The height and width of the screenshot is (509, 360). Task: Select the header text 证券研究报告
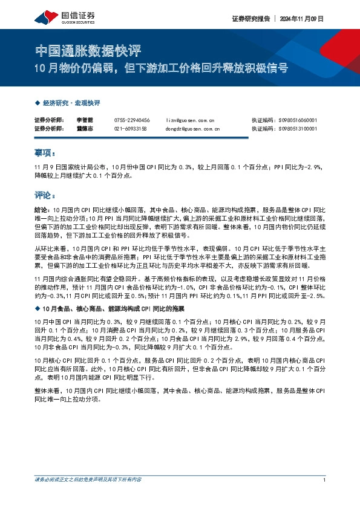click(x=250, y=19)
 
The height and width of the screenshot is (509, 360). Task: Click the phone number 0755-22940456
click(x=132, y=120)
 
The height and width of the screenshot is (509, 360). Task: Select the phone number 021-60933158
click(x=131, y=129)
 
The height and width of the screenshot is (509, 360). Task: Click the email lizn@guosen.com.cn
click(x=190, y=120)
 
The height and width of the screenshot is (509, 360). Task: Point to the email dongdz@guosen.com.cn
click(x=193, y=129)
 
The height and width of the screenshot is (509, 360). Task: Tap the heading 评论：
click(x=45, y=196)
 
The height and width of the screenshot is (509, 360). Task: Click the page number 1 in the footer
click(x=325, y=479)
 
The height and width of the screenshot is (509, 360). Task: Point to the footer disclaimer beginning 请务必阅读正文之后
click(x=88, y=479)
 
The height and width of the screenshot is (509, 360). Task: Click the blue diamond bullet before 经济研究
click(x=38, y=103)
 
